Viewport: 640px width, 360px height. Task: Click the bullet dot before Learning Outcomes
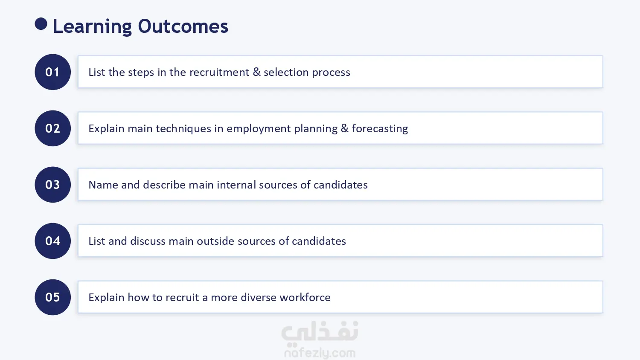tap(41, 24)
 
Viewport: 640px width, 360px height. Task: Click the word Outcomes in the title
tap(183, 26)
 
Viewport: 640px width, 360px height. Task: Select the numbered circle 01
tap(52, 72)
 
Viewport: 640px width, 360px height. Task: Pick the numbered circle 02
tap(52, 128)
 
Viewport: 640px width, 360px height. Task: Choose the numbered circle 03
tap(52, 185)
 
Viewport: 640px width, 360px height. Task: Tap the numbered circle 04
tap(52, 241)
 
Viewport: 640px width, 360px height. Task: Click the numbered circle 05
tap(52, 297)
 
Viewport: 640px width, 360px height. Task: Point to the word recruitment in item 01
tap(219, 72)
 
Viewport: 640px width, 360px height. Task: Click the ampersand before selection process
tap(256, 72)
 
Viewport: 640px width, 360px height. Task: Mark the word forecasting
tap(380, 128)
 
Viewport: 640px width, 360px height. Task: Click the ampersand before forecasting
tap(345, 128)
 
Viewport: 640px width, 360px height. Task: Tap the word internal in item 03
tap(236, 185)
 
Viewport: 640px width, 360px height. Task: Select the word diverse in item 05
tap(259, 297)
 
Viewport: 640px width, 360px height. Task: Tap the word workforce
tap(305, 297)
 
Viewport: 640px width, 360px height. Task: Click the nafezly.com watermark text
tap(320, 353)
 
